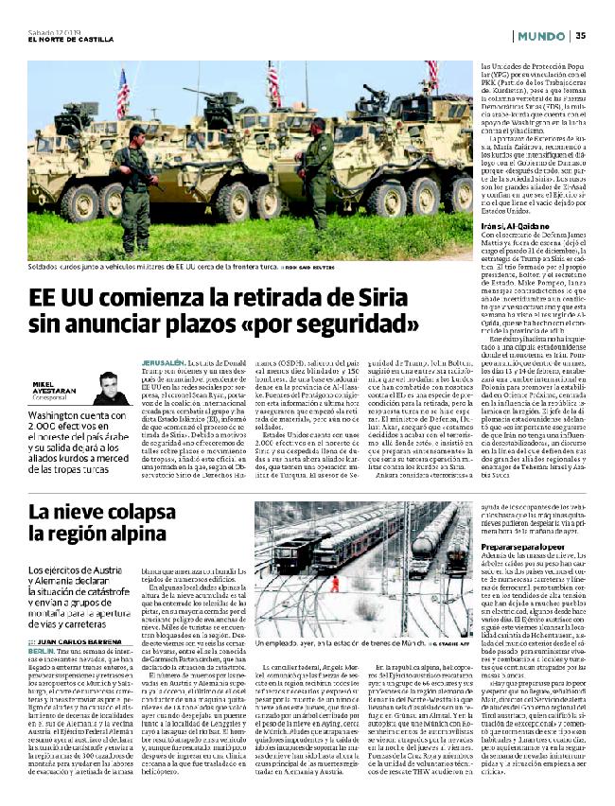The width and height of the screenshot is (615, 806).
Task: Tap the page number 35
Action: click(x=580, y=35)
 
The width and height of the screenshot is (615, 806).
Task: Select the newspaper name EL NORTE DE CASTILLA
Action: click(x=71, y=39)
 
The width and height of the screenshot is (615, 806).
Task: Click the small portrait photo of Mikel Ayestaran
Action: click(x=111, y=388)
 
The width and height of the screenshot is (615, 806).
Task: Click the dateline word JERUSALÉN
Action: click(x=162, y=361)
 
